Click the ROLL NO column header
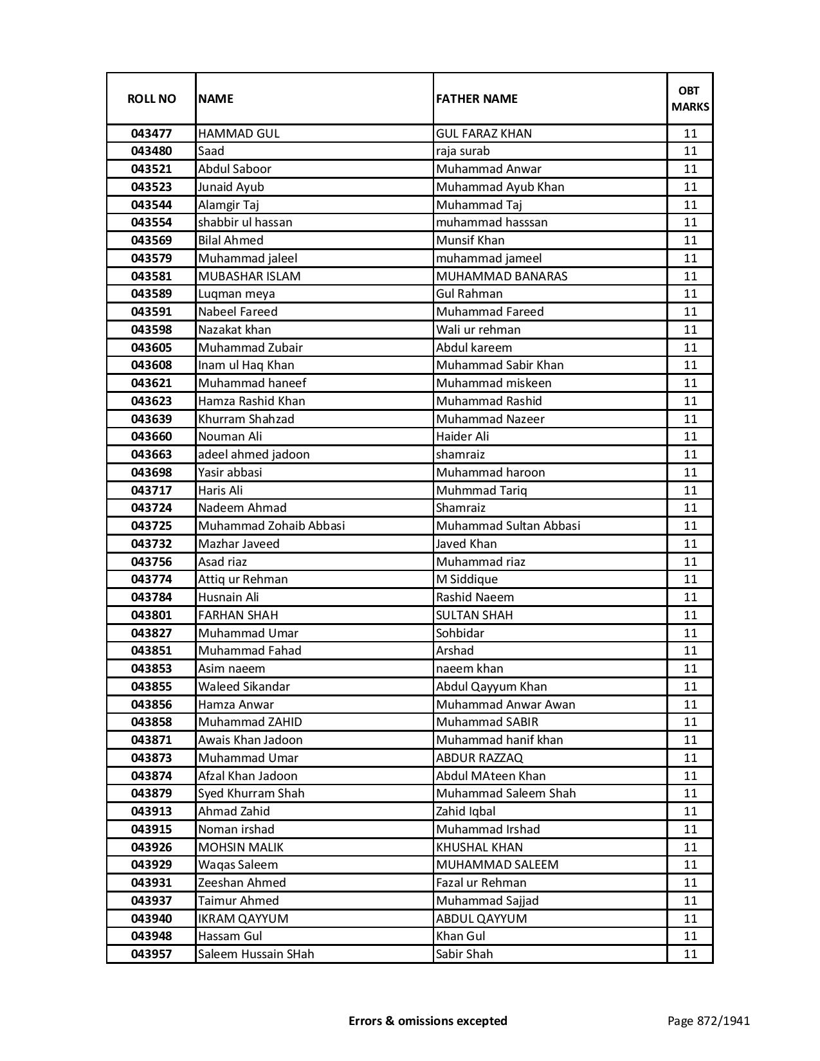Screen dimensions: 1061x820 (x=151, y=98)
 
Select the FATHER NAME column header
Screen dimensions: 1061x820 (x=477, y=98)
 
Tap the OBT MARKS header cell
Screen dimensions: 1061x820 (x=690, y=98)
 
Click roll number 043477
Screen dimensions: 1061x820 (x=151, y=134)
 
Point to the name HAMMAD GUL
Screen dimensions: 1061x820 (x=239, y=134)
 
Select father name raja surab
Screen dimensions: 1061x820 (x=462, y=151)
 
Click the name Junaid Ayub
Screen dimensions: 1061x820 (x=231, y=187)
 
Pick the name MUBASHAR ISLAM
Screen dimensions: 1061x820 (x=250, y=276)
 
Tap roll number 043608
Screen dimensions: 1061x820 (x=151, y=365)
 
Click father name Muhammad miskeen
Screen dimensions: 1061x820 (x=493, y=383)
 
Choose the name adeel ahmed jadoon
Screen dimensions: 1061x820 (x=253, y=455)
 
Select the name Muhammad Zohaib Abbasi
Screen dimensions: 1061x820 (x=271, y=526)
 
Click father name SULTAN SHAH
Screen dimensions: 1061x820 (x=474, y=615)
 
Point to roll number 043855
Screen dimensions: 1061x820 (x=151, y=687)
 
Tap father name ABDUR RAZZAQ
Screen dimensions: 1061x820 (x=479, y=758)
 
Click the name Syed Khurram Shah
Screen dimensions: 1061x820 (x=251, y=793)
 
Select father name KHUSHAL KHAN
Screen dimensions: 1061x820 (x=479, y=848)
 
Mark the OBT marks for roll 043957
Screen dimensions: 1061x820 (x=690, y=954)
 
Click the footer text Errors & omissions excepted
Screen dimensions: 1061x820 (x=428, y=1020)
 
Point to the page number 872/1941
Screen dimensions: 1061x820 (x=708, y=1020)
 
